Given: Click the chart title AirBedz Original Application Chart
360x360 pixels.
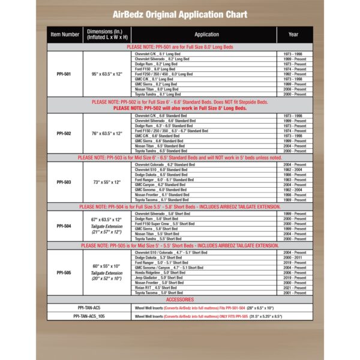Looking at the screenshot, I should [179, 14].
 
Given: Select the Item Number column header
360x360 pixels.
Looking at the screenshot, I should [65, 35].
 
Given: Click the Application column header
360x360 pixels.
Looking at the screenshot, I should [206, 35].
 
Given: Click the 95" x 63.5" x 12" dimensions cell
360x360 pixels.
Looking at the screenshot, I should [107, 74].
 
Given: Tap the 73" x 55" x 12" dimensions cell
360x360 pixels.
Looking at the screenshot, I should [107, 181].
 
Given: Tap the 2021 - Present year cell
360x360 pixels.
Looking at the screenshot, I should [293, 287].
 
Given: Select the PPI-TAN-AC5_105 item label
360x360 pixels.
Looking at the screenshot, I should [89, 316].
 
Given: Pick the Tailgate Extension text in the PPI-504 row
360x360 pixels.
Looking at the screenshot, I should [107, 227].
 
